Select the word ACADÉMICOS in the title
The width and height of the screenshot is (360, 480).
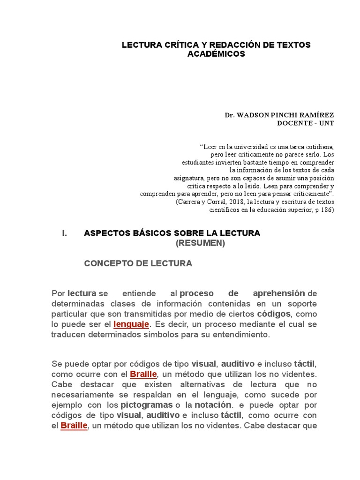[x=216, y=54]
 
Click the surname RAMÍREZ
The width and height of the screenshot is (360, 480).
[x=317, y=115]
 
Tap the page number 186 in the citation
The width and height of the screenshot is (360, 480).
[x=326, y=210]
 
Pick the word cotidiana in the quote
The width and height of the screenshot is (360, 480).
[x=318, y=146]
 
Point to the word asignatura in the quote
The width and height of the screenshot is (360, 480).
[x=188, y=178]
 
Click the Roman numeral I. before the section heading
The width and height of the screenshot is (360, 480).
[x=65, y=233]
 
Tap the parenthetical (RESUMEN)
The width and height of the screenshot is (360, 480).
[x=200, y=243]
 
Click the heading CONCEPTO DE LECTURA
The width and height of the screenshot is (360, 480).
[x=138, y=263]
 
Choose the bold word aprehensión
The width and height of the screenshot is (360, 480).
[x=279, y=293]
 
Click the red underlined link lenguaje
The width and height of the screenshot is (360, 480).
[x=131, y=324]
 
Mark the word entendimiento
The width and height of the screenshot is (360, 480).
[x=240, y=335]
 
